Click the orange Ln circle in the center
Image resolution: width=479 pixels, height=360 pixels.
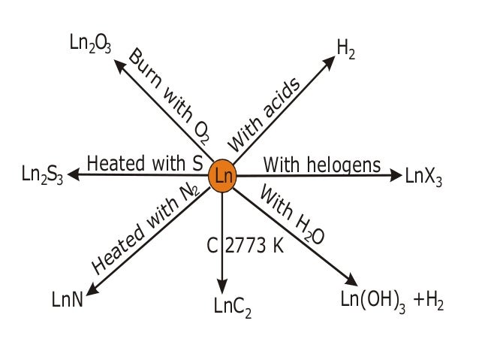coord(223,177)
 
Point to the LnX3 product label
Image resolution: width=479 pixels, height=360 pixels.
coord(423,178)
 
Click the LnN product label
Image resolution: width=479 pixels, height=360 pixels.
coord(67,301)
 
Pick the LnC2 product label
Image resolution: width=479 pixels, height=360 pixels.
coord(232,306)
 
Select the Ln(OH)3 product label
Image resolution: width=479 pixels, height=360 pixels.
coord(372,302)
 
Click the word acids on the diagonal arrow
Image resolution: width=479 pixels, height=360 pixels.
coord(283,101)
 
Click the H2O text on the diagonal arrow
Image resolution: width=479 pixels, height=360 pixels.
coord(309,229)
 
